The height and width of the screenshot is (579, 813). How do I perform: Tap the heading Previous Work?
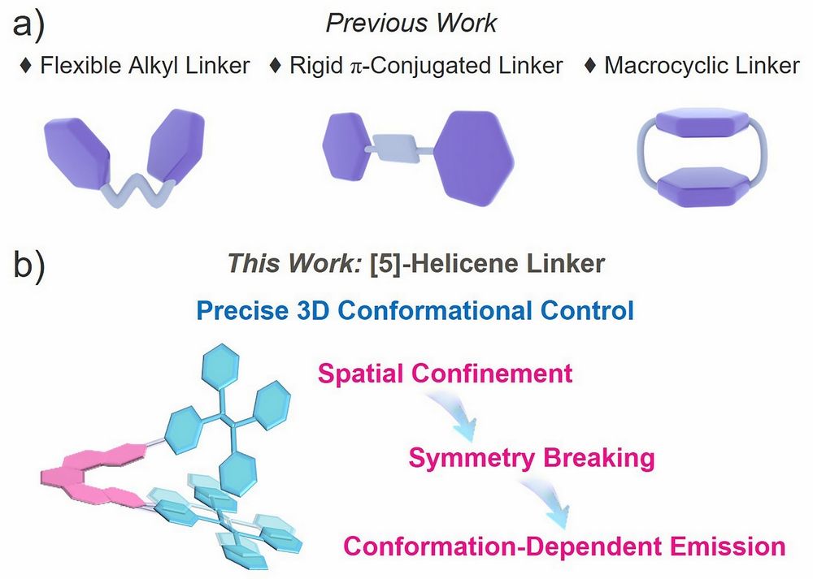click(x=411, y=23)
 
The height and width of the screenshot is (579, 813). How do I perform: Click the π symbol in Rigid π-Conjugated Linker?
click(x=355, y=66)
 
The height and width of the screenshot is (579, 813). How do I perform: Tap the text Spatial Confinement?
click(x=445, y=374)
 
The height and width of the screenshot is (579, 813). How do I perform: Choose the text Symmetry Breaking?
click(x=531, y=459)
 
